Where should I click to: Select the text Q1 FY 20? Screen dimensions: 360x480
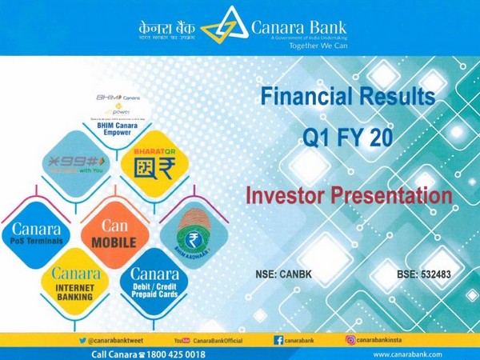pos(348,137)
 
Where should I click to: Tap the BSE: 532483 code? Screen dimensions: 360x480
pos(423,274)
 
